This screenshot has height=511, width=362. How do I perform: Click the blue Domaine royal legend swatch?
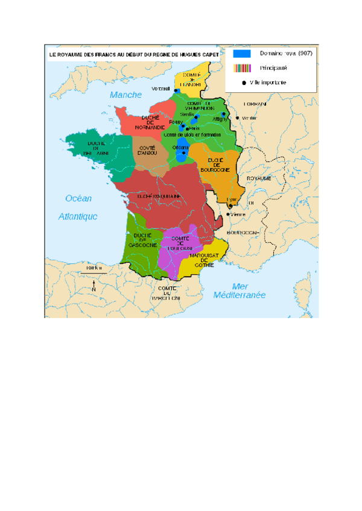tap(242, 54)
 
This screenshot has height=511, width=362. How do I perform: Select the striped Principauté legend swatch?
tap(242, 69)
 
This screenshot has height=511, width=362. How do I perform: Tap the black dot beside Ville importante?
tap(244, 83)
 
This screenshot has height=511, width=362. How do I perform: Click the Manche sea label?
tap(125, 95)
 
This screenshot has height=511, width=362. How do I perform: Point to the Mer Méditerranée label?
tap(239, 291)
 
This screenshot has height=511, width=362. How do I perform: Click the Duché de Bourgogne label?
tap(218, 165)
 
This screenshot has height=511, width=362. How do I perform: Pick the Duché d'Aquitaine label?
tap(159, 196)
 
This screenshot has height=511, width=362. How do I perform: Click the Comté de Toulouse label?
tap(180, 244)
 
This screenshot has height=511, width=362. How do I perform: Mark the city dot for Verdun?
tap(238, 118)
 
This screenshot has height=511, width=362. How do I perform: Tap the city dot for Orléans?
tap(185, 152)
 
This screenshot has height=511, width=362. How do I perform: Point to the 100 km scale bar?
tap(94, 274)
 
